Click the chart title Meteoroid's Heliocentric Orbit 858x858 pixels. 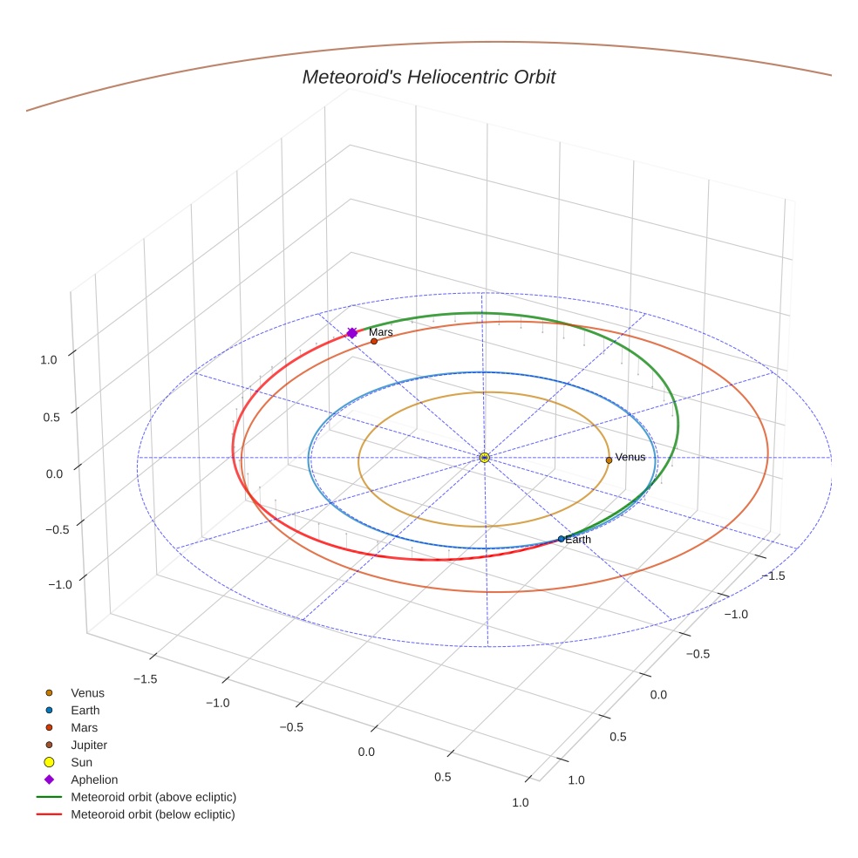point(428,78)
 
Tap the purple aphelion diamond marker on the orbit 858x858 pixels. point(352,333)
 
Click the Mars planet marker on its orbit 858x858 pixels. point(374,341)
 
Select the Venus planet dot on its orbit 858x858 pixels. point(609,460)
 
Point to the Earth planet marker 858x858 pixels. point(561,539)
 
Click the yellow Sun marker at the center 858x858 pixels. point(485,458)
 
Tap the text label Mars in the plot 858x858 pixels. point(381,332)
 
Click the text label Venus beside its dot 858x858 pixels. point(630,457)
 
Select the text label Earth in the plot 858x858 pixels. point(578,540)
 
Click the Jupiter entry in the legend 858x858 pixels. point(88,745)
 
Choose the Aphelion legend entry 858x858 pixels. point(93,780)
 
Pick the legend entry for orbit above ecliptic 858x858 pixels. point(153,797)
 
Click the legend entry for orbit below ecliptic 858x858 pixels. point(153,814)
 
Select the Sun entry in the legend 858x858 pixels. point(81,762)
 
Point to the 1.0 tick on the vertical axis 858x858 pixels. point(49,359)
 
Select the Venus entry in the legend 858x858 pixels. point(87,693)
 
